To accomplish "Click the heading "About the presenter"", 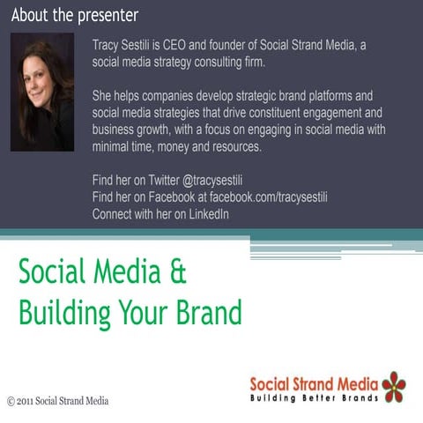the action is click(x=75, y=16).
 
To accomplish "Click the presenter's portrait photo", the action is click(x=42, y=93).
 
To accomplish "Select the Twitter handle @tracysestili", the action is click(x=212, y=180).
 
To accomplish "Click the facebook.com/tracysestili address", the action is click(x=269, y=197).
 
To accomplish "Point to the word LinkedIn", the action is click(x=209, y=214).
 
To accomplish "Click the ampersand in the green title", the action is click(x=178, y=271).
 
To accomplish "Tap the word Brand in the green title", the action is click(x=209, y=312).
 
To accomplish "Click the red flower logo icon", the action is click(x=394, y=387).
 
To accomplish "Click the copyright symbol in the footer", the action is click(x=11, y=401).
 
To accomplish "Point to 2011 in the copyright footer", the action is click(x=25, y=401).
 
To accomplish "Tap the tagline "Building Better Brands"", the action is click(x=314, y=398).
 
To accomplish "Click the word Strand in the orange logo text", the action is click(x=313, y=384).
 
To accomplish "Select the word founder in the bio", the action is click(x=227, y=45).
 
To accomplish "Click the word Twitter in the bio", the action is click(x=164, y=180).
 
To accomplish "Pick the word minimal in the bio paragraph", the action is click(x=110, y=146).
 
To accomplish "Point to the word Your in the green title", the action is click(x=143, y=312).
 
